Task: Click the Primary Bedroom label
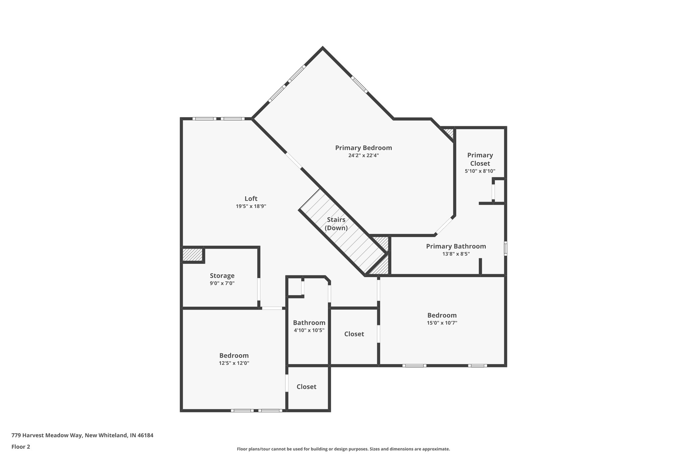pos(363,148)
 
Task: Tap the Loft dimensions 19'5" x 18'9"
pos(251,206)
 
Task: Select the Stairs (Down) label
pos(336,223)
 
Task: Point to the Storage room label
pos(222,275)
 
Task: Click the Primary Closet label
pos(480,159)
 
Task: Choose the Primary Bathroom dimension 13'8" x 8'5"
pos(456,254)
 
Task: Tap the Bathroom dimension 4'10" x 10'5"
pos(309,330)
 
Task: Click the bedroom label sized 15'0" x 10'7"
pos(442,315)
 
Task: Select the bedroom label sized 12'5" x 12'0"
pos(234,356)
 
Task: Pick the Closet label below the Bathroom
pos(306,387)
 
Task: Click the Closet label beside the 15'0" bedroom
pos(354,334)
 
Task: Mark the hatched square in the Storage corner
pos(193,255)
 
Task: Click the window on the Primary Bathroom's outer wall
pos(506,248)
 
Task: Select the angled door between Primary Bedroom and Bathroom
pos(444,226)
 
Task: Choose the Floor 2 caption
pos(21,447)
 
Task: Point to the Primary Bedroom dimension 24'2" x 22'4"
pos(363,155)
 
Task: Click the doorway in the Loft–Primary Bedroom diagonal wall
pos(294,160)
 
